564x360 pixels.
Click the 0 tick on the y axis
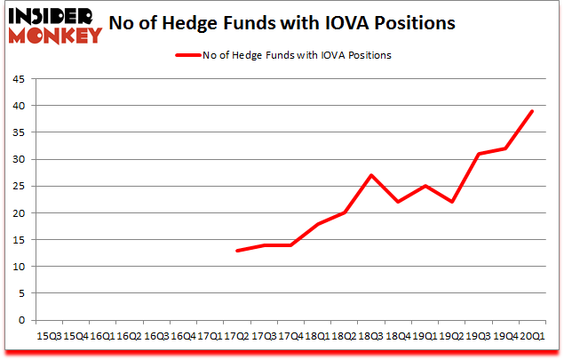coord(21,320)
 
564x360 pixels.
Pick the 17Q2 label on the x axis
coord(236,336)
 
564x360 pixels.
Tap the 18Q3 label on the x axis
coord(371,336)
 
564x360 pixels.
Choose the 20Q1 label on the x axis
coord(533,336)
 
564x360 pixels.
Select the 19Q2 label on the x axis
coord(452,336)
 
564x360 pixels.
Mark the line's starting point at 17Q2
coord(236,251)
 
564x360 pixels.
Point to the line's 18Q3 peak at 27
coord(371,175)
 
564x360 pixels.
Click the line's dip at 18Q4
coord(398,202)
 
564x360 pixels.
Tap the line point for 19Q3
coord(479,154)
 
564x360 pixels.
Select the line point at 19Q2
coord(452,202)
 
